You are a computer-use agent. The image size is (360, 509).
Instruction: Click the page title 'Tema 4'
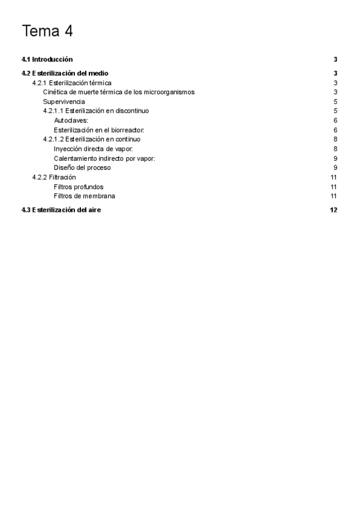coord(47,32)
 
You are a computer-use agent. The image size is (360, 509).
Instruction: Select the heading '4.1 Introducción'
coord(47,59)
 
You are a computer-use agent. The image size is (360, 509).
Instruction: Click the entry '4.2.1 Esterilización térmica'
coord(72,83)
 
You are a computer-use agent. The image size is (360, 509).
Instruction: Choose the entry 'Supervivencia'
coord(64,101)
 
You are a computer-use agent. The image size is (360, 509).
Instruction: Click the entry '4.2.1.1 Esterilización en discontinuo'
coord(96,111)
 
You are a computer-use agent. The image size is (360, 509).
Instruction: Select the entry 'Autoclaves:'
coord(71,121)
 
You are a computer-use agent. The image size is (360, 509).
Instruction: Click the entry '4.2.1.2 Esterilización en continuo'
coord(92,139)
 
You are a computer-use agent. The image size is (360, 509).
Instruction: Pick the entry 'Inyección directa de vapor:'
coord(93,149)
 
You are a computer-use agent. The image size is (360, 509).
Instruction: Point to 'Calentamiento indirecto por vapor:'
coord(104,158)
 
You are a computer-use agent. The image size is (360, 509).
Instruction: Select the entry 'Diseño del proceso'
coord(82,167)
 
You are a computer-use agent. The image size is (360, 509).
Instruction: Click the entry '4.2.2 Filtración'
coord(54,177)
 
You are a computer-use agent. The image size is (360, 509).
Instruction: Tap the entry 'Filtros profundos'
coord(79,187)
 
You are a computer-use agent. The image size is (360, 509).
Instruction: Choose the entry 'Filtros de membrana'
coord(84,196)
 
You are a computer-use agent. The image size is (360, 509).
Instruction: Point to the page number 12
coord(334,210)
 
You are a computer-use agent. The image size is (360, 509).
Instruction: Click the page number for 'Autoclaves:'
coord(335,121)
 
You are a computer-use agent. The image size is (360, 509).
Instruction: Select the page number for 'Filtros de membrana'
coord(334,196)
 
